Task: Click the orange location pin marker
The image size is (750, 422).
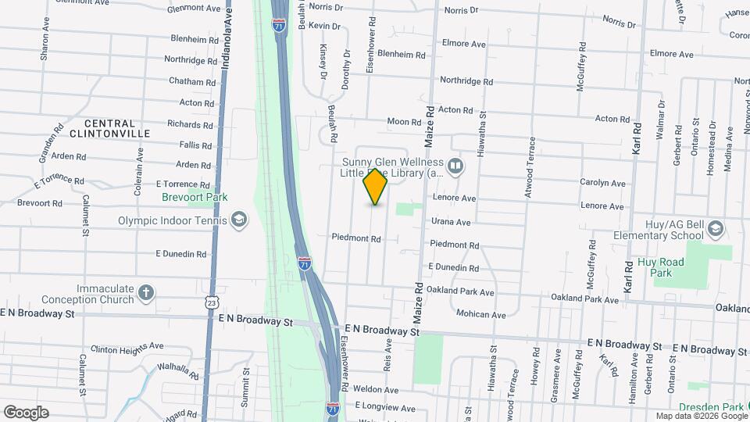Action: pos(376,186)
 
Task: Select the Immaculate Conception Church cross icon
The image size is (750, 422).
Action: pos(145,293)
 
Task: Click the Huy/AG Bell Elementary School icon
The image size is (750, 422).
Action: pos(716,228)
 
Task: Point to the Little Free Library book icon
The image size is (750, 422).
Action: pos(455,166)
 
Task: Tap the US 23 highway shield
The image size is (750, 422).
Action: pos(212,302)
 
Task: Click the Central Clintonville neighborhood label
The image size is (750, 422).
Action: pos(116,129)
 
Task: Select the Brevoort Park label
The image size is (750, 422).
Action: pos(195,197)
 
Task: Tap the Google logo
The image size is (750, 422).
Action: pos(25,412)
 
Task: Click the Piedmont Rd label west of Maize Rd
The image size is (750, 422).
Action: pos(355,238)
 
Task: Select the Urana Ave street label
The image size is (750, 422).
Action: pos(450,222)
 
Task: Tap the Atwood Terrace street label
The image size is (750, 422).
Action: pos(531,166)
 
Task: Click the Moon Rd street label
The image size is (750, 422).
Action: pos(404,122)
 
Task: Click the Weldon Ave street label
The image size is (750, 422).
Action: pos(376,388)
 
